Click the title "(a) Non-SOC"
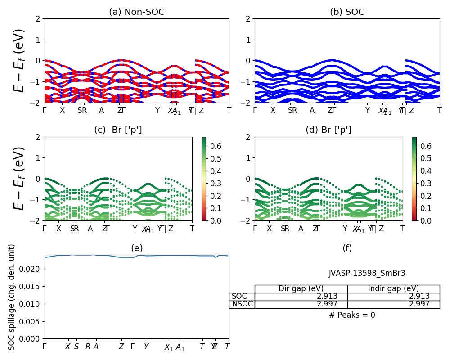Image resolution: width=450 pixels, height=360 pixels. pyautogui.click(x=137, y=12)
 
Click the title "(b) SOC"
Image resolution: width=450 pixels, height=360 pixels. pyautogui.click(x=347, y=12)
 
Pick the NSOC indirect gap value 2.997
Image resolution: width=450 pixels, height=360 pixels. pyautogui.click(x=419, y=304)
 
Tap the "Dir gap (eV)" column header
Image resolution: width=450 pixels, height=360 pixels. pyautogui.click(x=301, y=289)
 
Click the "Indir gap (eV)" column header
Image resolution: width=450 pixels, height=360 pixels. pyautogui.click(x=393, y=289)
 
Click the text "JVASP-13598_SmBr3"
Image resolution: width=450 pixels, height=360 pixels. pyautogui.click(x=367, y=273)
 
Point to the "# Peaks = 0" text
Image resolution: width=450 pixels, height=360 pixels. pyautogui.click(x=352, y=315)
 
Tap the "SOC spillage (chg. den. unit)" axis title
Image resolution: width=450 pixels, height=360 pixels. pyautogui.click(x=12, y=297)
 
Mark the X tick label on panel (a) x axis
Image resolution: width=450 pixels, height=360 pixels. pyautogui.click(x=62, y=110)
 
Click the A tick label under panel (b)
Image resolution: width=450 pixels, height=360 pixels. pyautogui.click(x=312, y=110)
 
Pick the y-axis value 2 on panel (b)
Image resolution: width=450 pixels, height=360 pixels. pyautogui.click(x=249, y=19)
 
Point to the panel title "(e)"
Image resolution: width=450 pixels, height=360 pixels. pyautogui.click(x=137, y=248)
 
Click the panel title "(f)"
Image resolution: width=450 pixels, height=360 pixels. pyautogui.click(x=347, y=248)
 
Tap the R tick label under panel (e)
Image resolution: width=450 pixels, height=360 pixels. pyautogui.click(x=88, y=346)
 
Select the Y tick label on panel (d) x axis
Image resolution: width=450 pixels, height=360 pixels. pyautogui.click(x=345, y=229)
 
